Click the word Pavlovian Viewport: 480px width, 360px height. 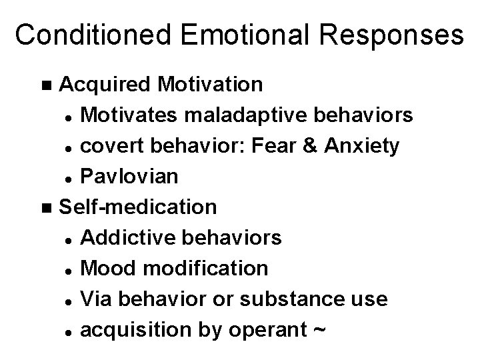(x=129, y=176)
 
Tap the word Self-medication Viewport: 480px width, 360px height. (x=138, y=207)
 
